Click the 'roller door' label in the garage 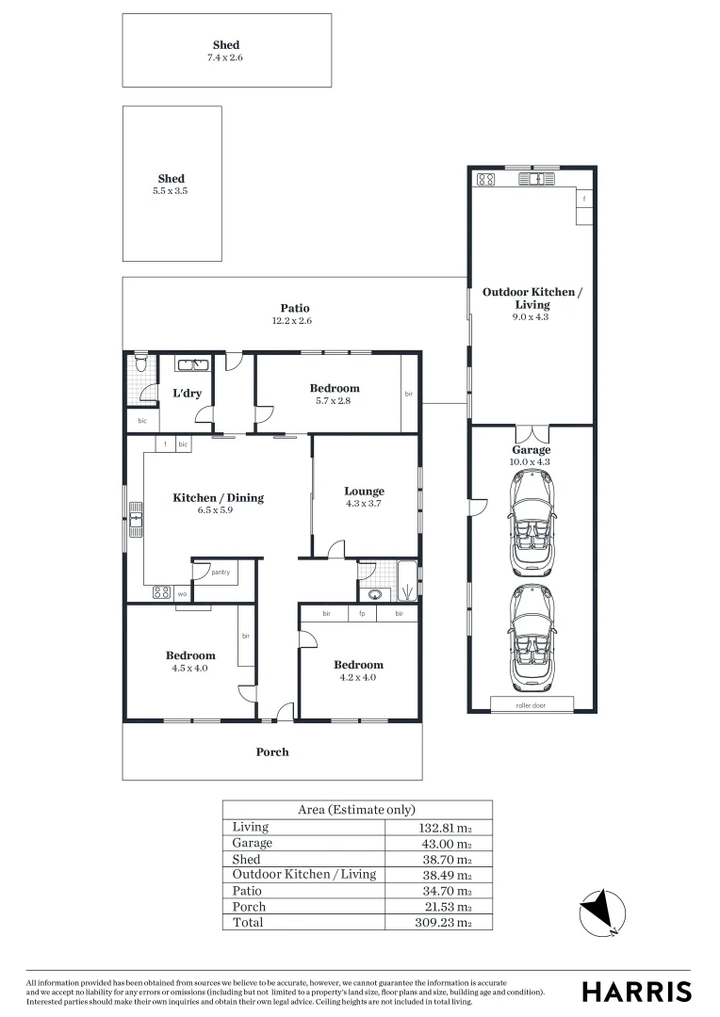coord(531,704)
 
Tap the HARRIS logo coord(636,991)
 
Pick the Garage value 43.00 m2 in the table coord(446,843)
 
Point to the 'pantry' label coord(221,572)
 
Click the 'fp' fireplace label coord(362,614)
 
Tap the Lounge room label coord(364,491)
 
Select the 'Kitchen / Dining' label coord(218,497)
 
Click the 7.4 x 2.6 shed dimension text coord(226,57)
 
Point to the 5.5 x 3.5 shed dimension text coord(172,191)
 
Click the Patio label coord(294,308)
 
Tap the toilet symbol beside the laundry coord(140,363)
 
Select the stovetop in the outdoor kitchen coord(486,179)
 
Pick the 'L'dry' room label coord(187,393)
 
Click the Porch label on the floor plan coord(272,751)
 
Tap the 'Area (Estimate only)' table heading coord(356,810)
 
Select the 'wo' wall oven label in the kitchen coord(181,593)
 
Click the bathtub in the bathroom coord(407,581)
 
